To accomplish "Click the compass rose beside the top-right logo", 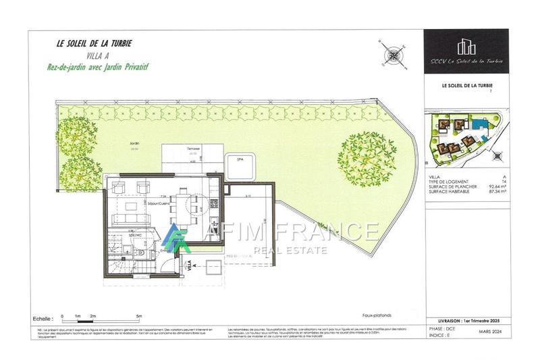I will (391, 55).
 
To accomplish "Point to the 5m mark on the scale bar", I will (138, 315).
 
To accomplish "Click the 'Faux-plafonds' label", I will (377, 315).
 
